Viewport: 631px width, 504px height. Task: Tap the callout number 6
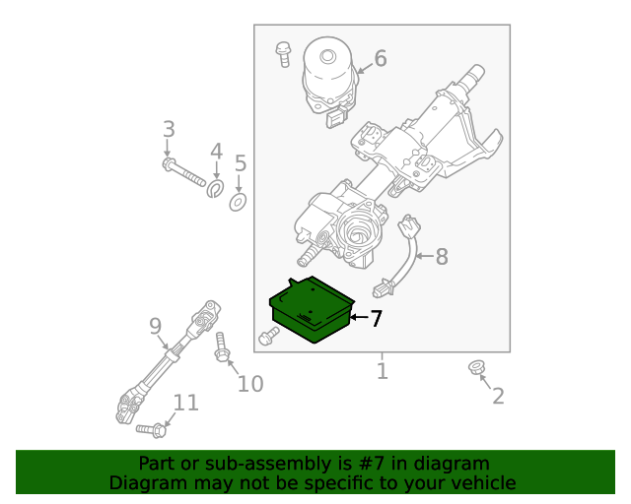coord(380,59)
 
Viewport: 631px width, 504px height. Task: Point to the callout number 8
coord(441,257)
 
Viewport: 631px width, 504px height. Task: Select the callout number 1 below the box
coord(382,371)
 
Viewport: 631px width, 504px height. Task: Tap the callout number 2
coord(498,396)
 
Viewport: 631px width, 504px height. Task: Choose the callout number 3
coord(169,129)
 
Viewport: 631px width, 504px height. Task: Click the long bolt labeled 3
coord(187,173)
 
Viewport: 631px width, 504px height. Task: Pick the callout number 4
coord(216,152)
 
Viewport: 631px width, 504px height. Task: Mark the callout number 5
coord(240,163)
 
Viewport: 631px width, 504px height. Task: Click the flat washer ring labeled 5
coord(238,203)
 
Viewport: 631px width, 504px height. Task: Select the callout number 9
coord(155,325)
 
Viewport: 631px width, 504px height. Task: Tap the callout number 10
coord(250,383)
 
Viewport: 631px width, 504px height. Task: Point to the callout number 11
coord(185,403)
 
